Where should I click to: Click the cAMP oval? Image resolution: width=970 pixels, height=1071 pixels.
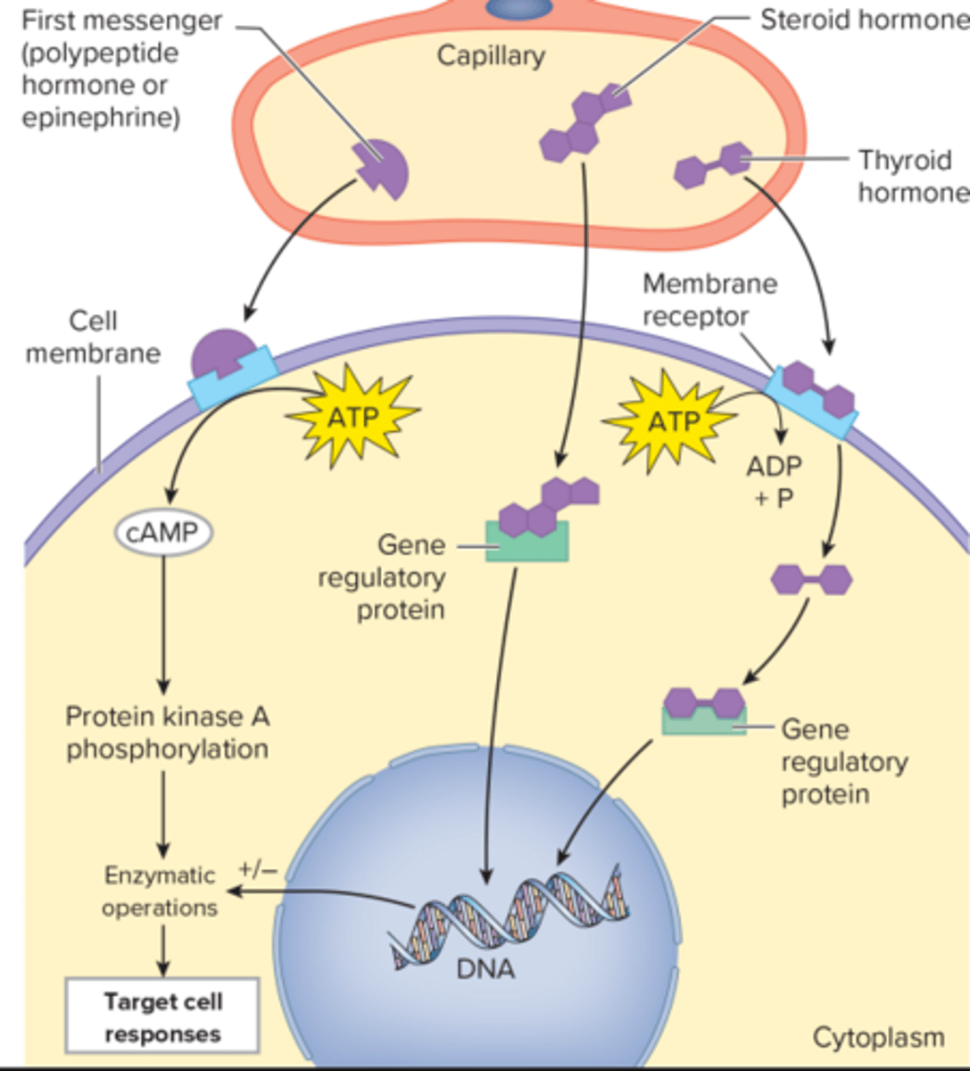[163, 534]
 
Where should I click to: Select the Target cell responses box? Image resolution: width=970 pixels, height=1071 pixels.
[162, 1017]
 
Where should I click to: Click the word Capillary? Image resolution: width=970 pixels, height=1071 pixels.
[490, 55]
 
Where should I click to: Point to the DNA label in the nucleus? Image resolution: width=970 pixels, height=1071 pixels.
[485, 968]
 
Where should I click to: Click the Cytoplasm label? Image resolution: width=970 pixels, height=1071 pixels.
[877, 1037]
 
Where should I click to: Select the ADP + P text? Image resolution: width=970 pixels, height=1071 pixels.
[774, 482]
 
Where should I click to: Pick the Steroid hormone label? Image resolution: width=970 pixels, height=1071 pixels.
[862, 20]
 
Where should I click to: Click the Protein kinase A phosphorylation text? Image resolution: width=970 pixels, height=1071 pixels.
[167, 733]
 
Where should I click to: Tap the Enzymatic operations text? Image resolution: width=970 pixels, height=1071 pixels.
[160, 891]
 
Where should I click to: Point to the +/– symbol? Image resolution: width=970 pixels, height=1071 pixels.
[258, 868]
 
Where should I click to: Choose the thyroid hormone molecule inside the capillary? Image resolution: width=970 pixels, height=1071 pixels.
[713, 165]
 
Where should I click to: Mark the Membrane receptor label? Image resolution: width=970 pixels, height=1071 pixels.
[709, 300]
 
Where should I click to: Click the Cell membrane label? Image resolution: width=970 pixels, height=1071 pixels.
[93, 336]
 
